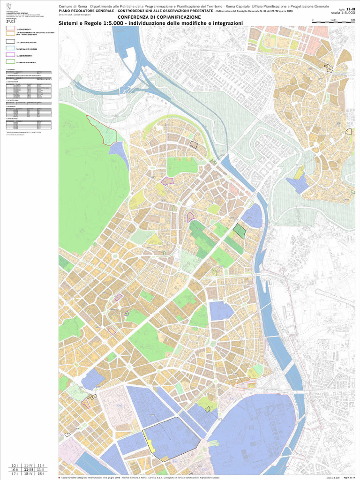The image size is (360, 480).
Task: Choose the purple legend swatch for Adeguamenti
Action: pyautogui.click(x=10, y=55)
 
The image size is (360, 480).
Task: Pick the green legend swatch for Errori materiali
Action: pyautogui.click(x=10, y=61)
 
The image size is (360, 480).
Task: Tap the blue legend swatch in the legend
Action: pyautogui.click(x=10, y=48)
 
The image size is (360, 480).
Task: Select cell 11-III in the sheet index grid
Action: pyautogui.click(x=28, y=469)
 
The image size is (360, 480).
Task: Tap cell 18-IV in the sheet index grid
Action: pyautogui.click(x=28, y=474)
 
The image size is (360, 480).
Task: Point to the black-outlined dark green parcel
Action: pyautogui.click(x=240, y=231)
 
